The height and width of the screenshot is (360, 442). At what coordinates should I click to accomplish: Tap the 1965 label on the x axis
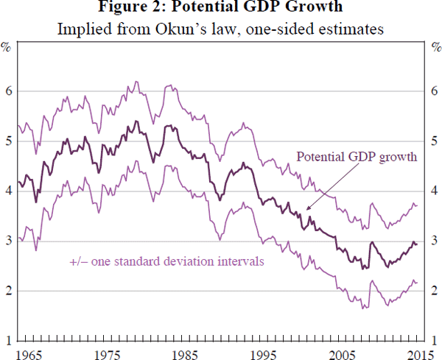click(x=27, y=354)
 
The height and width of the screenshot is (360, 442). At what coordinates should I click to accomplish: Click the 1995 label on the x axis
click(x=262, y=354)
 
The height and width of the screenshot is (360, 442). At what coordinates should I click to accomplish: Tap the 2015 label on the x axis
click(x=417, y=354)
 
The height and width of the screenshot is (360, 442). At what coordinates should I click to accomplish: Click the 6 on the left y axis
click(x=8, y=91)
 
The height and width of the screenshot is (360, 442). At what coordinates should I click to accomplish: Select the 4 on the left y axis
click(x=8, y=191)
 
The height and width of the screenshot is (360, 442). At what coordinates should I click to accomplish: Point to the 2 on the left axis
click(x=8, y=291)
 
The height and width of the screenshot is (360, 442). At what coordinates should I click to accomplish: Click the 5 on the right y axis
click(x=435, y=141)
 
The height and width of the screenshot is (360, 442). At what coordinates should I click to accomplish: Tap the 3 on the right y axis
click(x=435, y=241)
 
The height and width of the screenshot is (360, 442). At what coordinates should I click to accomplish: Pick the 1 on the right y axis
click(x=435, y=341)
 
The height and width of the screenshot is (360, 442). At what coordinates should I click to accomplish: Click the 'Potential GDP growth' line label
click(x=357, y=157)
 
